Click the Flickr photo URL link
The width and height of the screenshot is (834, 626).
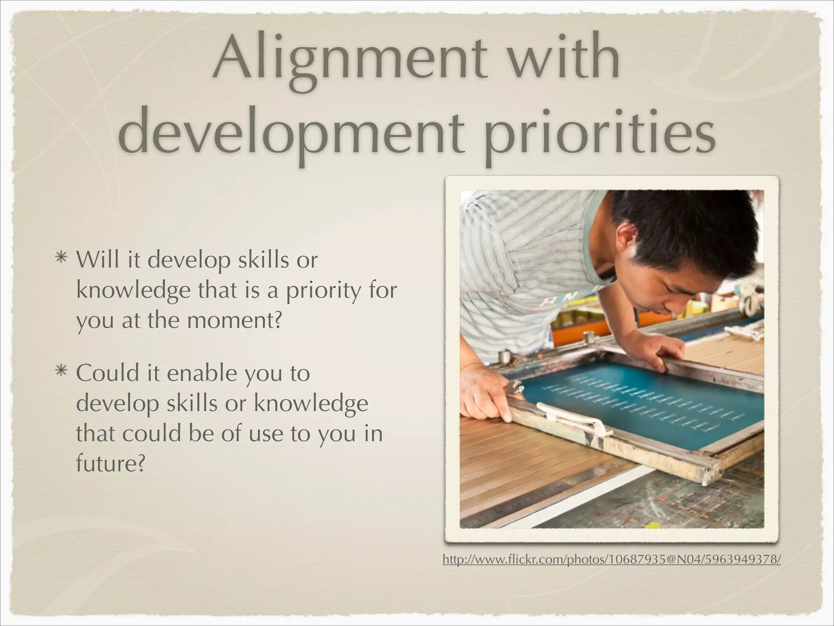[611, 560]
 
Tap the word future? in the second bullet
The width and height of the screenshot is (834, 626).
[110, 463]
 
